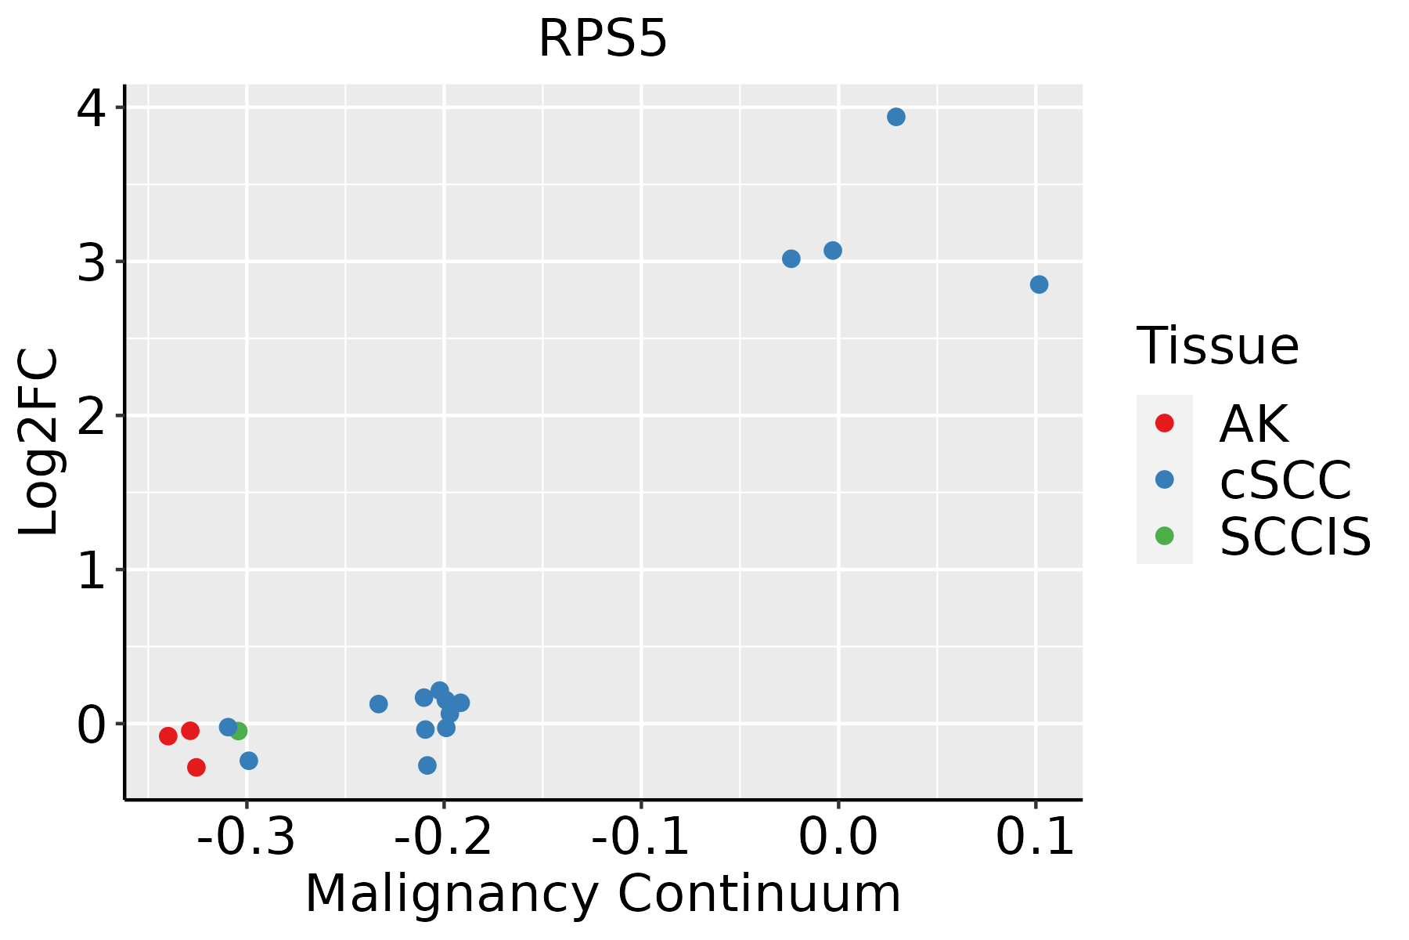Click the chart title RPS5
point(602,39)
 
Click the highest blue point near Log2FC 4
point(896,117)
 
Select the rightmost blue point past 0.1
point(1039,284)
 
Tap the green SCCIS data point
point(239,731)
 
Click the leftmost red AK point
point(168,736)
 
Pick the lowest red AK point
point(196,767)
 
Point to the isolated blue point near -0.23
point(378,704)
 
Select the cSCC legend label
point(1285,480)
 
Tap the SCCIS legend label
point(1295,537)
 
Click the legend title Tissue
point(1217,345)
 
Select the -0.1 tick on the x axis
point(640,837)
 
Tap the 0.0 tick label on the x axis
point(838,837)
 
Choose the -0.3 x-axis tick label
point(246,837)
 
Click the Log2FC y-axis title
point(39,442)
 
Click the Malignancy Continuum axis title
point(602,894)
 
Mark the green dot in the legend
point(1164,536)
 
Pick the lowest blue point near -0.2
point(427,765)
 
